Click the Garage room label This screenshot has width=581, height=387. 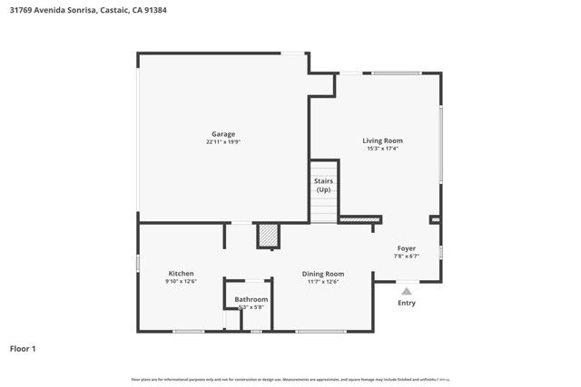pos(223,134)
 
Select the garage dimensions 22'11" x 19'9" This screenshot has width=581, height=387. pos(223,141)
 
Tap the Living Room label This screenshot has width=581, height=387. pos(382,140)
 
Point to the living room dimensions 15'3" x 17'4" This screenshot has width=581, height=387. pos(382,149)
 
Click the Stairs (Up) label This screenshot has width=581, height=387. pos(323,185)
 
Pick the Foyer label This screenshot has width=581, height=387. pos(406,248)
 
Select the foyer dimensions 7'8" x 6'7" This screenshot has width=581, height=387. pos(406,256)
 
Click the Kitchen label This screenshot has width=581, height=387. pos(181,274)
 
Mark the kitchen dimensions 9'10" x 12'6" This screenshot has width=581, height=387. pos(181,282)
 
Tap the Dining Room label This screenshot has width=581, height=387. pos(323,274)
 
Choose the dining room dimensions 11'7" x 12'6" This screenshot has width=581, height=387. pos(323,282)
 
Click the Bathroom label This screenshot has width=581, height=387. pos(251,299)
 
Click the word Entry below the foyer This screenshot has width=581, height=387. pos(407,303)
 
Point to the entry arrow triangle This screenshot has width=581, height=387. pos(407,291)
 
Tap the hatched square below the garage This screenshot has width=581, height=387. pos(267,236)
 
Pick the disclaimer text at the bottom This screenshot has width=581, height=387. pos(290,379)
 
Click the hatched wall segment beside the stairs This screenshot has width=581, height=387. pos(359,218)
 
